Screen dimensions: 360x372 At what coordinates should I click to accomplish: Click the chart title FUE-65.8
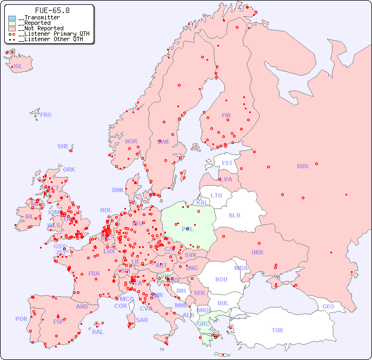pos(52,10)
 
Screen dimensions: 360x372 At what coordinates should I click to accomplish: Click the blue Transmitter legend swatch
pos(12,18)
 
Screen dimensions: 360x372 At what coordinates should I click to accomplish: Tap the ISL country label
pos(18,67)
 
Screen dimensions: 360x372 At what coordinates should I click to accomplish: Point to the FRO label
pos(45,115)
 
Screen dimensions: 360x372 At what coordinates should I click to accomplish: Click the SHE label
pos(63,146)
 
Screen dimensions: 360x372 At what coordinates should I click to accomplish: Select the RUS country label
pos(302,166)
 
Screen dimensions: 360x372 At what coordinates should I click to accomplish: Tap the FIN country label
pos(226,115)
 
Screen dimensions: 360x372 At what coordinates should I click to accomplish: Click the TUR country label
pos(277,330)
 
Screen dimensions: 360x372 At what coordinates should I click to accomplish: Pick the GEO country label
pos(328,306)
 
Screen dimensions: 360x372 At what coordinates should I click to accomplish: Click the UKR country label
pos(257,252)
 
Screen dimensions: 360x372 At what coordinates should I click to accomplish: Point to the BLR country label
pos(234,215)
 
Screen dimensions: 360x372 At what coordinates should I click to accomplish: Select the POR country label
pos(21,319)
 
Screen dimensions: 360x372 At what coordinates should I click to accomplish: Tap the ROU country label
pos(221,279)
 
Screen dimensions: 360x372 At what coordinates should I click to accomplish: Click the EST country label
pos(227,163)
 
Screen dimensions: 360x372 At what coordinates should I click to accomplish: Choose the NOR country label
pos(131,141)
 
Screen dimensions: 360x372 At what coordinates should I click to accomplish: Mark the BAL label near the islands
pos(97,332)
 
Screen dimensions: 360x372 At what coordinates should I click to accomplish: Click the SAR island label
pos(142,320)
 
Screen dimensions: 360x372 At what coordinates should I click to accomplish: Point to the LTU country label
pos(216,195)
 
